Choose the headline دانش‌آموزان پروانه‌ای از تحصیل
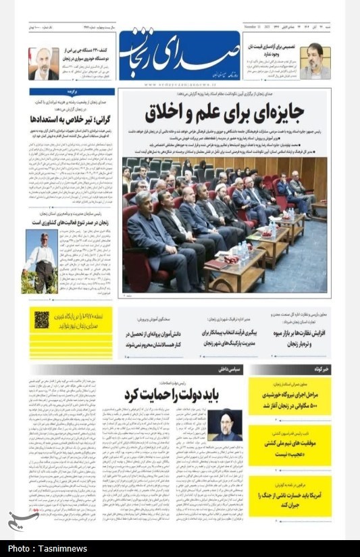click(x=147, y=338)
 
